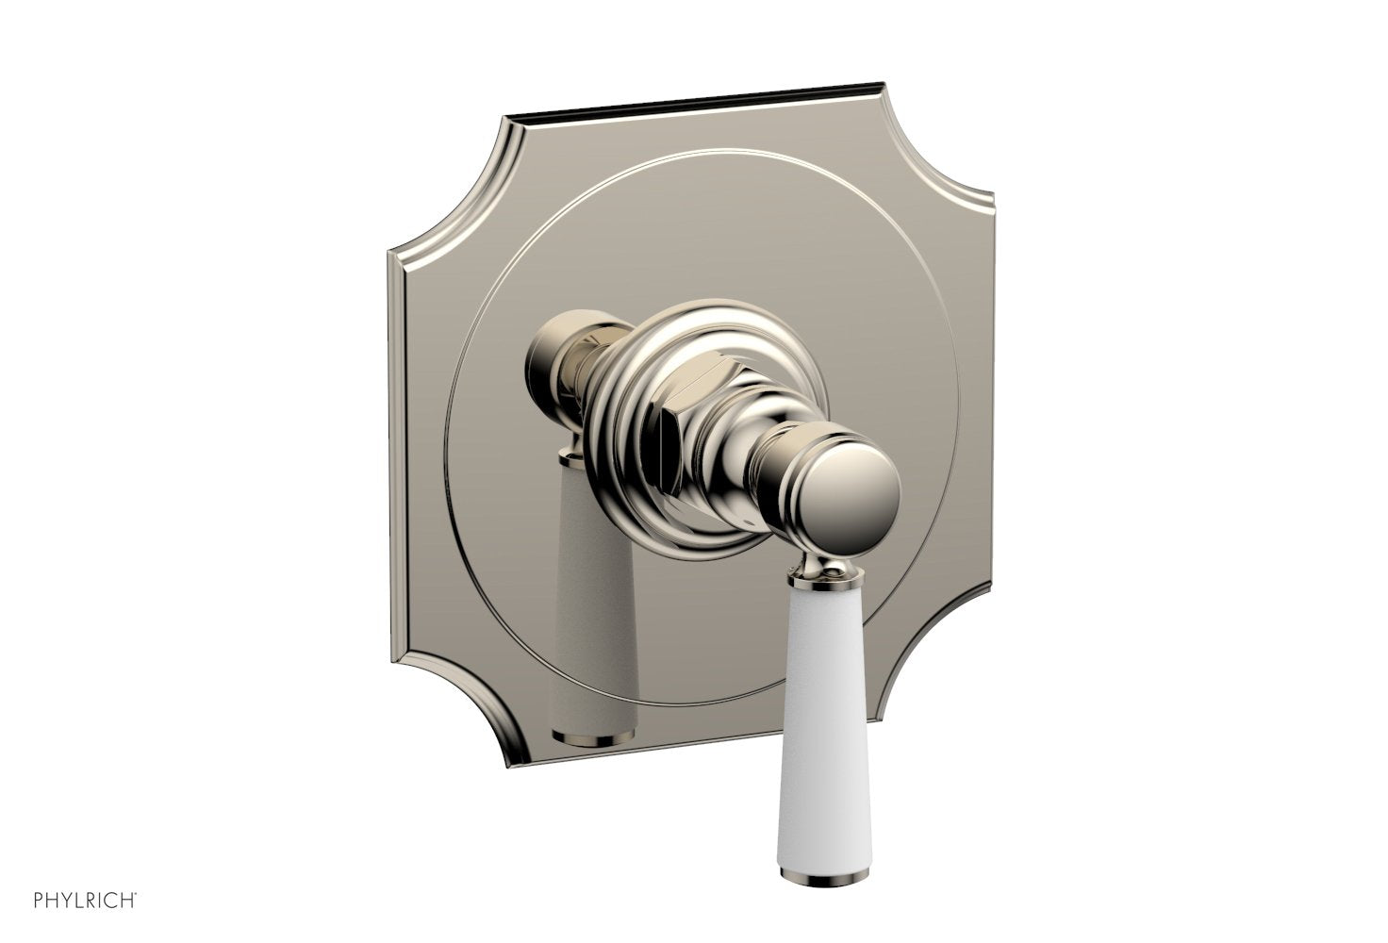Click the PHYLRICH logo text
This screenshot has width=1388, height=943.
pyautogui.click(x=84, y=900)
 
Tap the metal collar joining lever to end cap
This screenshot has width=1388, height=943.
pyautogui.click(x=831, y=567)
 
